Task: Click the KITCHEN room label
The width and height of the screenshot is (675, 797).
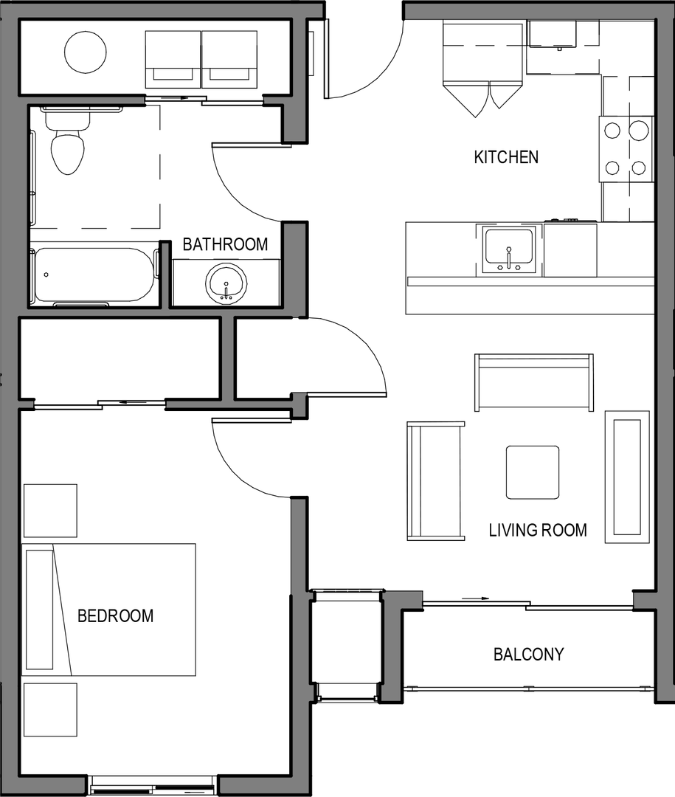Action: (x=506, y=157)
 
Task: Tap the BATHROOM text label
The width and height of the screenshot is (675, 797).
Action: (x=225, y=244)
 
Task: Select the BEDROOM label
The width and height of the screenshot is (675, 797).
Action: (x=115, y=616)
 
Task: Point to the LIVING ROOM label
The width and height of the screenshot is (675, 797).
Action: (x=538, y=530)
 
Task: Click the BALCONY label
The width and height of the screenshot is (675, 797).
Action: (x=529, y=654)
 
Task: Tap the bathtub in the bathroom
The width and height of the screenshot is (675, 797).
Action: (x=94, y=275)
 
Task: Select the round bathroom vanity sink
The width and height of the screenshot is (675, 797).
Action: (x=226, y=283)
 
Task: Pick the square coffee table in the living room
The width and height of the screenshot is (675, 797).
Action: (x=533, y=472)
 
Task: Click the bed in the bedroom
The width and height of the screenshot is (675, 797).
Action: (x=108, y=610)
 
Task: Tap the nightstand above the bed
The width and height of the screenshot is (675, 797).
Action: (x=50, y=511)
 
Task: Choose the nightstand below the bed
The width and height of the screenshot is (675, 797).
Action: (x=50, y=710)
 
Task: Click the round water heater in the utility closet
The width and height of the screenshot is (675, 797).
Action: (x=86, y=52)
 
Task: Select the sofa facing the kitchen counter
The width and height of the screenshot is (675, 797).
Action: (x=533, y=382)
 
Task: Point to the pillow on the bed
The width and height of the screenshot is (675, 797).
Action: (x=40, y=610)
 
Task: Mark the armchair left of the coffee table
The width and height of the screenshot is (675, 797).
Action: (x=435, y=480)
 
